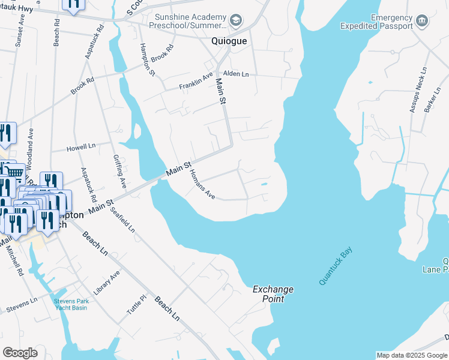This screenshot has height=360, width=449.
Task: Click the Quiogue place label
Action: (x=229, y=41)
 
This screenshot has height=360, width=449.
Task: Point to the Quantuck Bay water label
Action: (x=336, y=265)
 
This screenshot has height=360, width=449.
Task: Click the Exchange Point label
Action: (x=273, y=293)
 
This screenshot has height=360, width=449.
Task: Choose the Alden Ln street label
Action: (x=235, y=74)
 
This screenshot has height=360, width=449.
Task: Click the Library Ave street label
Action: (x=107, y=278)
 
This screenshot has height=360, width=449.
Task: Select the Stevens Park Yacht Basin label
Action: (x=70, y=304)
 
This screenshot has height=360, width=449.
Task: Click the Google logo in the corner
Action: (x=20, y=353)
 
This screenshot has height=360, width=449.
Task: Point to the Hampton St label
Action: (x=148, y=60)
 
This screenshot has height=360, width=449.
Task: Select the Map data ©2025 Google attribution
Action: (x=412, y=355)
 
